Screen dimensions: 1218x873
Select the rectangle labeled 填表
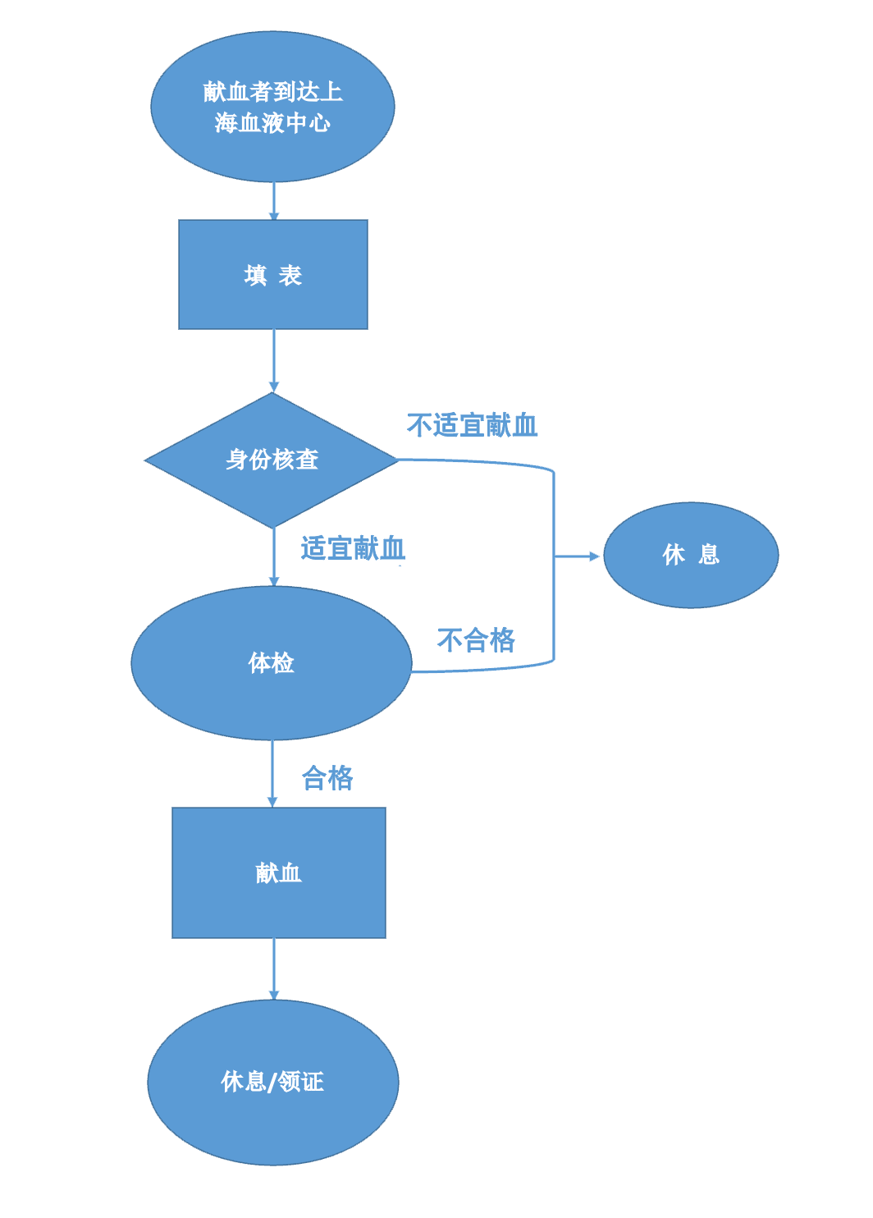click(x=272, y=274)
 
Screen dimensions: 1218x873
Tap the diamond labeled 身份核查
click(x=272, y=460)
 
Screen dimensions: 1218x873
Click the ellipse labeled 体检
click(x=271, y=662)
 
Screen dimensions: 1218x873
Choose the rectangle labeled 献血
click(x=278, y=872)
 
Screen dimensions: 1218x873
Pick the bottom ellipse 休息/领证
click(x=272, y=1082)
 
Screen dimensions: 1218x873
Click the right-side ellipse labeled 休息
click(x=691, y=555)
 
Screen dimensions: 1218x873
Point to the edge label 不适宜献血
click(x=472, y=425)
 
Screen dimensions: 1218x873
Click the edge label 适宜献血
click(x=353, y=547)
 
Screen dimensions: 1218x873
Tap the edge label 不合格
click(x=476, y=639)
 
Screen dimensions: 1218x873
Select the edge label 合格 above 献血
click(x=327, y=777)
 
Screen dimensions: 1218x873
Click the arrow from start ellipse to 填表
click(x=273, y=200)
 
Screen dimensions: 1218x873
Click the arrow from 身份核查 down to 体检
click(x=273, y=556)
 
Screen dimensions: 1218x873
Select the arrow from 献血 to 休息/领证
click(x=273, y=968)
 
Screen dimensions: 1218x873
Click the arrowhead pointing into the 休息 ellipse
click(x=594, y=556)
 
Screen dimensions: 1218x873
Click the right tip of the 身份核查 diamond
click(x=396, y=460)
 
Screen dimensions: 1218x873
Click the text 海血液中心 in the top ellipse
click(x=272, y=123)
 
